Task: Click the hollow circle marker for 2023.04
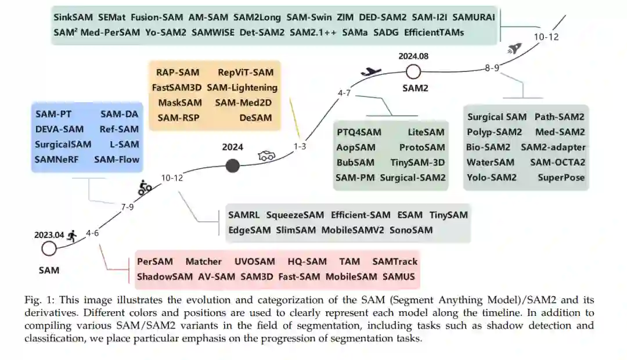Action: click(49, 249)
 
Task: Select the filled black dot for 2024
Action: click(232, 166)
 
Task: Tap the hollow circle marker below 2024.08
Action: click(413, 71)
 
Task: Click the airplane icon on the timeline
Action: click(370, 71)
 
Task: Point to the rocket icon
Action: click(514, 49)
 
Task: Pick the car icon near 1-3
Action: click(266, 156)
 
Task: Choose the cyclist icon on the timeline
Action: click(145, 187)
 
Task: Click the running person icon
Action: click(72, 235)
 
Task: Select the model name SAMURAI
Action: click(474, 17)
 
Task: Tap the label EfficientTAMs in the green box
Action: click(434, 33)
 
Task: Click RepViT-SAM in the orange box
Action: click(246, 73)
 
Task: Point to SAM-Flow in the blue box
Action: click(117, 159)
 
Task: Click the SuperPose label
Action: click(561, 178)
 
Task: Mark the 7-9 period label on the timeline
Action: click(128, 207)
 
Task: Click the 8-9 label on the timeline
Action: click(492, 68)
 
